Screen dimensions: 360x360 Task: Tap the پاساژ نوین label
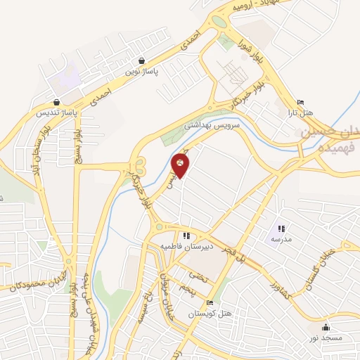(143, 71)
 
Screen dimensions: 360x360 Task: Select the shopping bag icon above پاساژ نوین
(143, 61)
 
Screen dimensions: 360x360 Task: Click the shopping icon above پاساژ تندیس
(56, 103)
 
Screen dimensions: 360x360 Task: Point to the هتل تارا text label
(303, 112)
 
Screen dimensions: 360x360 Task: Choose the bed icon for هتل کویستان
(211, 303)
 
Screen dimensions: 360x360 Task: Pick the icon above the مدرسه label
(281, 229)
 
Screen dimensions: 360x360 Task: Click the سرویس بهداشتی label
(222, 125)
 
